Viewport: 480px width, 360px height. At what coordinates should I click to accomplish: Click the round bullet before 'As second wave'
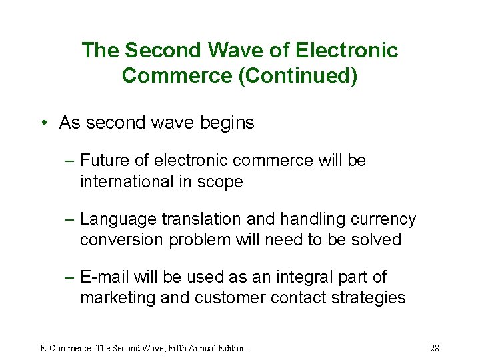[x=43, y=123]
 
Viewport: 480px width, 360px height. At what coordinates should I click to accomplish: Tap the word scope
[x=220, y=181]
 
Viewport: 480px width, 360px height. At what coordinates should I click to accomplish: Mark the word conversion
[x=123, y=239]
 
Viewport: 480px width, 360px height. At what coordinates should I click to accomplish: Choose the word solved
[x=374, y=239]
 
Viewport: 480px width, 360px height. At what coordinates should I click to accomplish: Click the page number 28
[x=435, y=348]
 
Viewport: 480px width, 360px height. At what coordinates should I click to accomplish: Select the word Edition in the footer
[x=229, y=348]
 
